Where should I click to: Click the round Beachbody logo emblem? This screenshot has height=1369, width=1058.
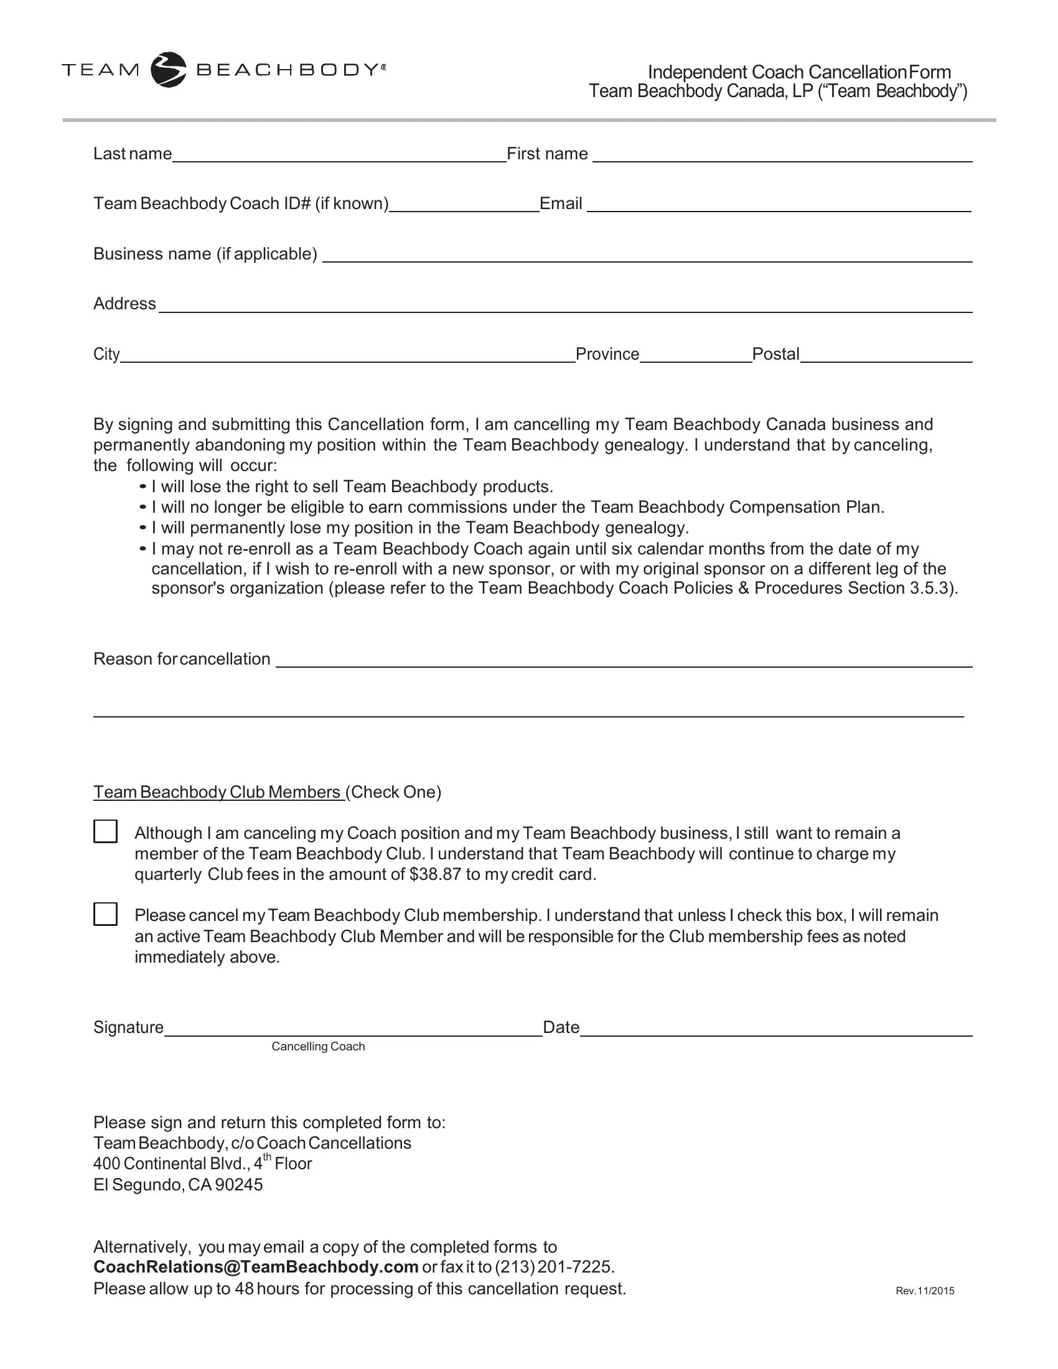(x=168, y=70)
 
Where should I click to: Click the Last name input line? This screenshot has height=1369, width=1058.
(x=339, y=155)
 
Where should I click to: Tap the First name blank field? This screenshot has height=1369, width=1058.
(x=782, y=155)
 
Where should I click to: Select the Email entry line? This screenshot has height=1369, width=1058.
(x=779, y=205)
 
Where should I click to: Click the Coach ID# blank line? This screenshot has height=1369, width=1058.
(x=464, y=205)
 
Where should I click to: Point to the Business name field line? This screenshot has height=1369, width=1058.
(x=647, y=255)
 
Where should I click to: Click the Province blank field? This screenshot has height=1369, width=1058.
(x=695, y=355)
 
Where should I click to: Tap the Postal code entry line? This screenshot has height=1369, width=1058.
(x=886, y=355)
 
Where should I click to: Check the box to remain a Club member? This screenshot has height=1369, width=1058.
(x=105, y=831)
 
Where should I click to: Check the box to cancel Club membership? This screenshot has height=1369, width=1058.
(x=105, y=914)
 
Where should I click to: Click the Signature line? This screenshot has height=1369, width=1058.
(x=352, y=1029)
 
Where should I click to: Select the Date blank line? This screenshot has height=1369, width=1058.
(x=775, y=1029)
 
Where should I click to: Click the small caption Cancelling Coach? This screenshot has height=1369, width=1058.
(x=318, y=1047)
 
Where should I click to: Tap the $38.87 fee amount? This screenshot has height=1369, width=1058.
(x=435, y=874)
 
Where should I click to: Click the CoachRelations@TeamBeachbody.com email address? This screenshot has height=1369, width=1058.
(x=256, y=1268)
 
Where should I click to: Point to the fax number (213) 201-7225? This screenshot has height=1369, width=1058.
(x=552, y=1268)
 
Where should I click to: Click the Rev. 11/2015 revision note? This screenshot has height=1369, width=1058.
(x=924, y=1291)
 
